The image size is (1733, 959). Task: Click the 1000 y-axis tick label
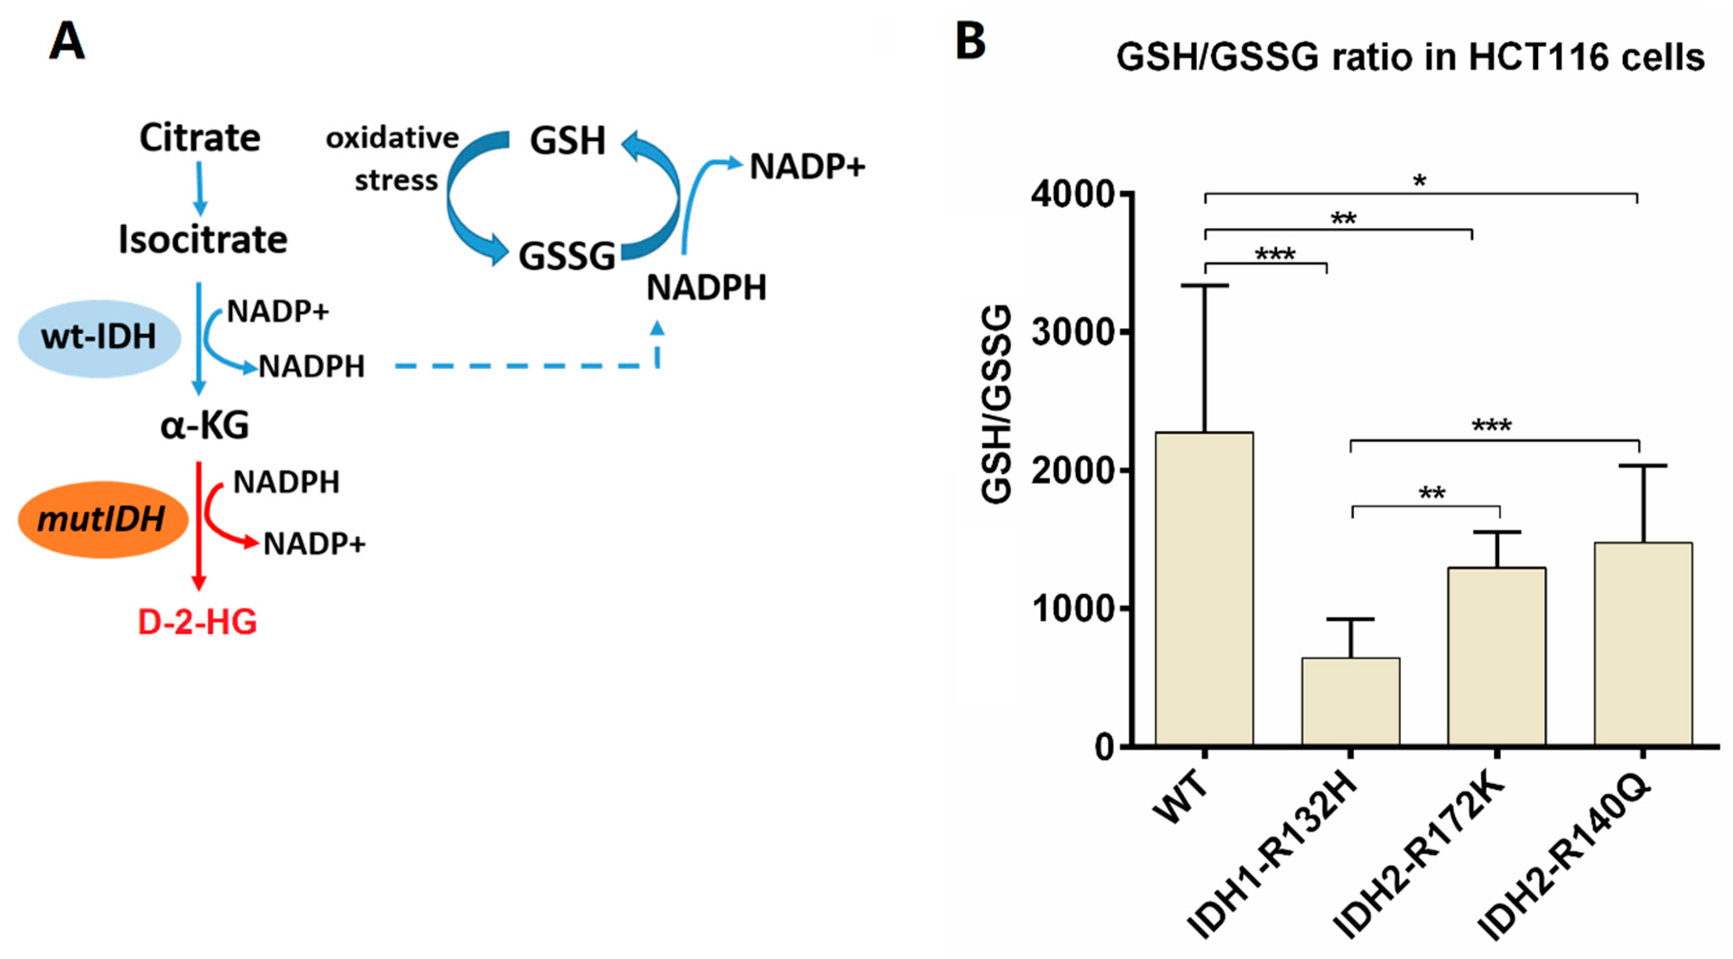1073,610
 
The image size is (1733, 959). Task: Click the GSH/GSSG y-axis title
996,404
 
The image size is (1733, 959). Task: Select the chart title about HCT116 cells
1410,57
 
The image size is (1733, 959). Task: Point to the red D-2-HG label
197,622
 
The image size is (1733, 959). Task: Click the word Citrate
200,138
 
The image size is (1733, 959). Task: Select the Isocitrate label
203,240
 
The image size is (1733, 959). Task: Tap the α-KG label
204,425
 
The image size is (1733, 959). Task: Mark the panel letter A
67,42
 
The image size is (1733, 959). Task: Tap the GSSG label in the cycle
566,256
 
